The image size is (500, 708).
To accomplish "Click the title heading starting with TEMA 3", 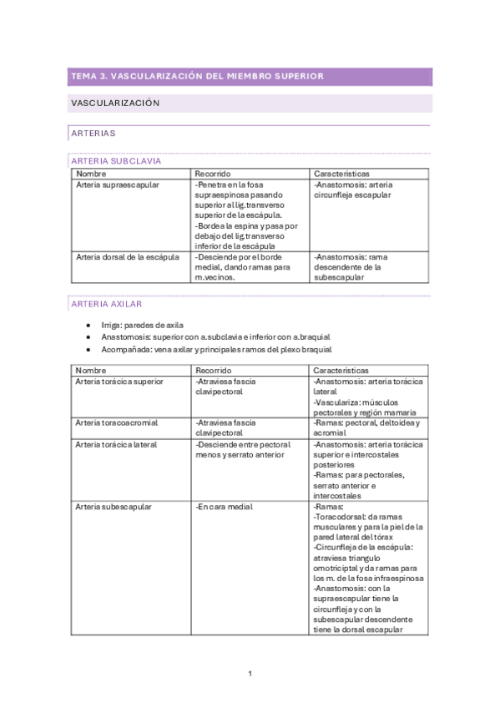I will (x=197, y=77).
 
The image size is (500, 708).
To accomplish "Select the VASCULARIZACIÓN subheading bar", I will (x=115, y=104).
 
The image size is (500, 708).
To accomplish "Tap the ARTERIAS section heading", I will (x=93, y=133).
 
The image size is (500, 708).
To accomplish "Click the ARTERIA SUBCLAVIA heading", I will (x=117, y=161).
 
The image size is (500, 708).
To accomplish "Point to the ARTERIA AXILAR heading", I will (x=108, y=305).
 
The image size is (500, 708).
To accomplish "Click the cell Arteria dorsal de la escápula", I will (x=127, y=257).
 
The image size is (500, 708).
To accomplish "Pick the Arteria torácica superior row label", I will (x=119, y=382).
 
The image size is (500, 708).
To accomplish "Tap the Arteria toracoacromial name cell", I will (x=117, y=423).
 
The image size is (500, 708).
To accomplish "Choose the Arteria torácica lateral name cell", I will (x=116, y=445).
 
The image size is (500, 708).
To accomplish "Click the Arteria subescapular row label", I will (x=112, y=507).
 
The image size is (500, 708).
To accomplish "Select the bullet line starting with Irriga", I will (x=142, y=325).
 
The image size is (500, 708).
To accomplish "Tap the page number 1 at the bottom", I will (x=250, y=673).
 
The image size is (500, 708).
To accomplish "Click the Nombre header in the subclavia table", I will (x=91, y=174).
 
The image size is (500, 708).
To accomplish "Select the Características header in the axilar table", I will (x=341, y=370).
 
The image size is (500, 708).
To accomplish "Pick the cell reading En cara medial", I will (x=224, y=507).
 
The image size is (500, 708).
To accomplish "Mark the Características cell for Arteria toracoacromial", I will (x=366, y=428).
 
